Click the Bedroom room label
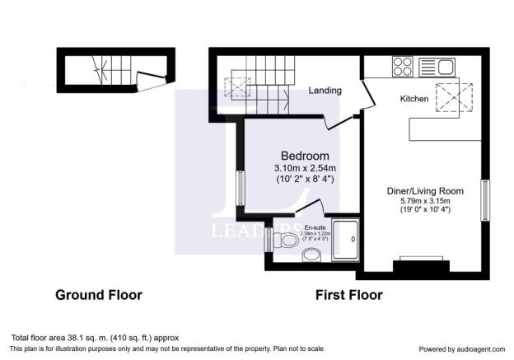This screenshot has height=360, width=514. tap(305, 156)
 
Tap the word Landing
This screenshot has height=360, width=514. tap(325, 91)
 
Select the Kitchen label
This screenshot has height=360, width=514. tap(415, 99)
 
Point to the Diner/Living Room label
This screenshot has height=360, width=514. tap(425, 191)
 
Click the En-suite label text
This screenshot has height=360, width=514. tap(315, 227)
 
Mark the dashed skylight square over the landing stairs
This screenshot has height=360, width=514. tap(240, 85)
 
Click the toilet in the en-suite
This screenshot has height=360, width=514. tap(287, 241)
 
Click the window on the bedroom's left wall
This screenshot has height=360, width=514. tap(240, 188)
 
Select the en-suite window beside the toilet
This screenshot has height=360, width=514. tap(269, 240)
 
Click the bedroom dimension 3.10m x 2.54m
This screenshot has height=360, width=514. tap(305, 168)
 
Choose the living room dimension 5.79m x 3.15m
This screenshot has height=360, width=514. tap(425, 201)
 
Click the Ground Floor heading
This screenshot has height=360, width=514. tap(98, 295)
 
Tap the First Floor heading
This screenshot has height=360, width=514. tap(348, 295)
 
